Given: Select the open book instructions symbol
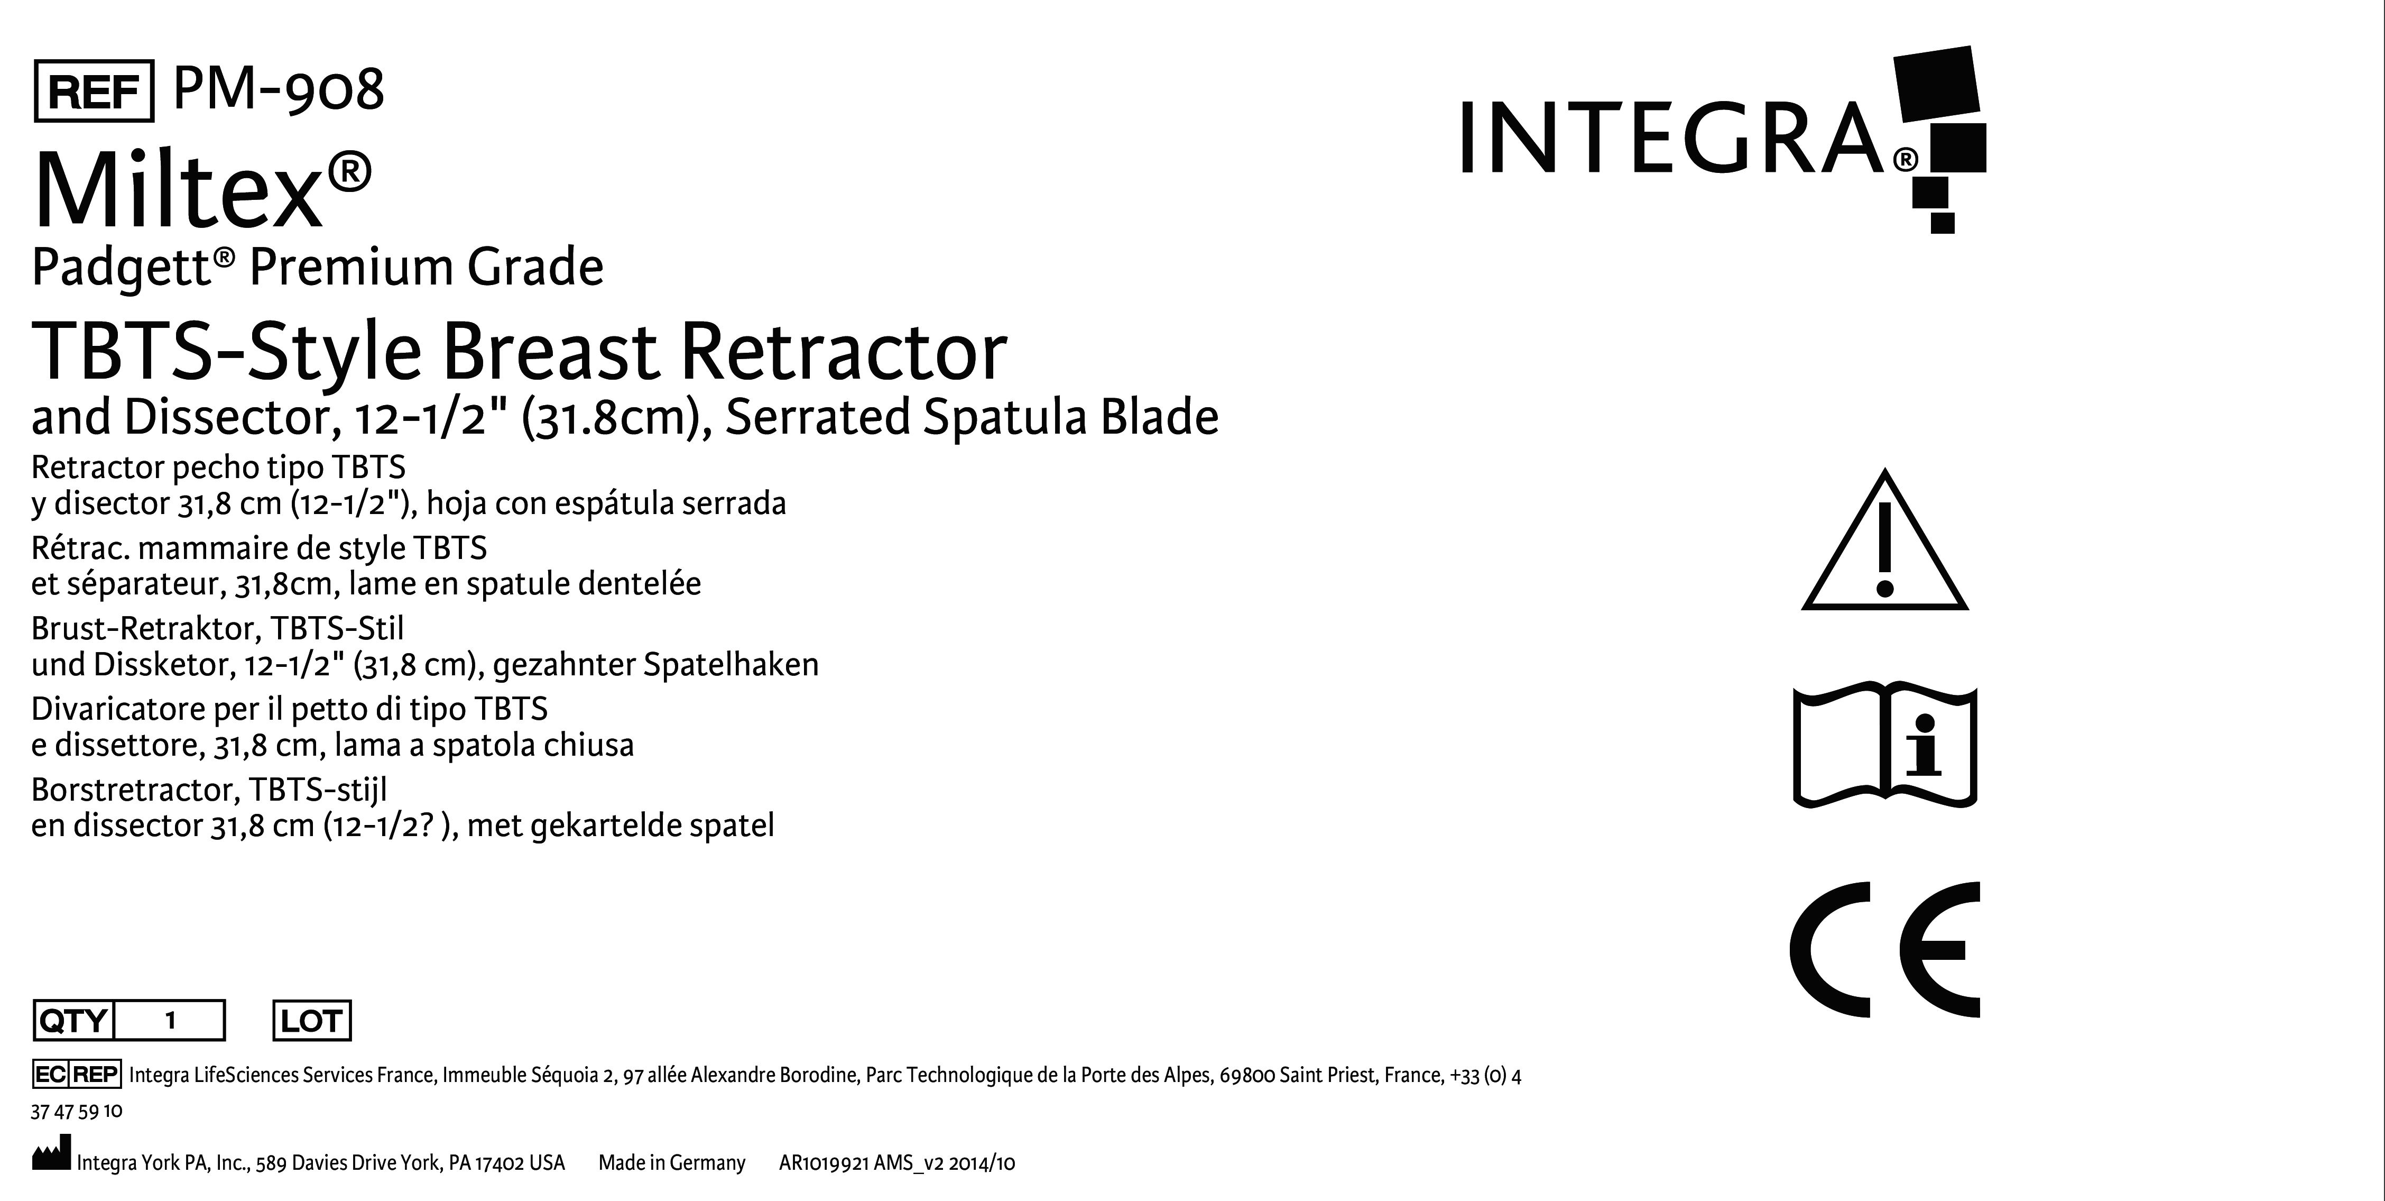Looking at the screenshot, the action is coord(1885,746).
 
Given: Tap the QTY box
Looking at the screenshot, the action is coord(130,1021).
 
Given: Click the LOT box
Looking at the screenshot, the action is coord(312,1021).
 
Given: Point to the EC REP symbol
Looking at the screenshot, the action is coord(76,1074).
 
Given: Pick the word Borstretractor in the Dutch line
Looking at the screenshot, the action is coord(135,790).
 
